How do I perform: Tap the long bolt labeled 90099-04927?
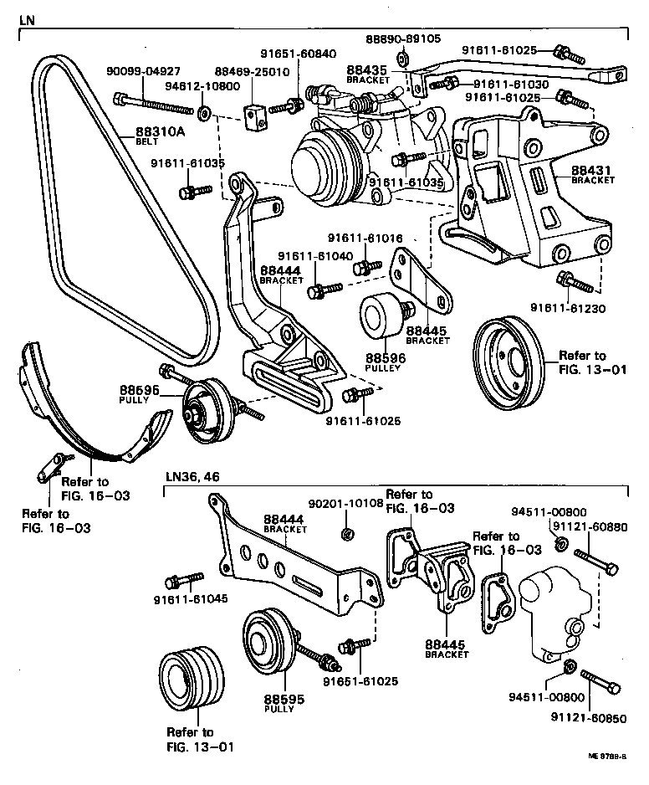pos(156,104)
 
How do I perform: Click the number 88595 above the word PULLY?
pos(279,698)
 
